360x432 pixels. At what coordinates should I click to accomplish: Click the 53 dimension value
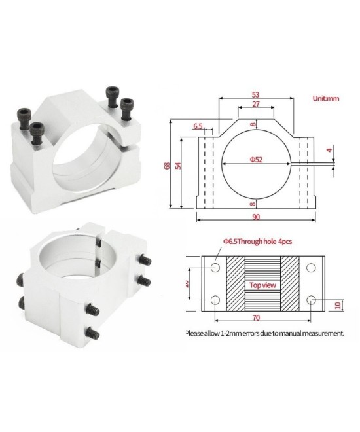[255, 94]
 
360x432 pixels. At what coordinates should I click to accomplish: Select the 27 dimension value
[255, 105]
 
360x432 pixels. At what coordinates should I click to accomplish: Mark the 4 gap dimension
[330, 151]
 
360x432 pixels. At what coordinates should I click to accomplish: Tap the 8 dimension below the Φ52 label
[256, 204]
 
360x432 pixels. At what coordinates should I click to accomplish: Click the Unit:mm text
[325, 99]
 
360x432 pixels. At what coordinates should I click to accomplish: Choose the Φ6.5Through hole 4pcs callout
[258, 242]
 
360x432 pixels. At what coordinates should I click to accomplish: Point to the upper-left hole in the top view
[215, 268]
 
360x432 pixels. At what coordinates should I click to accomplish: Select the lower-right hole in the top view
[311, 300]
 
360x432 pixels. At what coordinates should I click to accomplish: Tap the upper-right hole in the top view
[311, 268]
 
